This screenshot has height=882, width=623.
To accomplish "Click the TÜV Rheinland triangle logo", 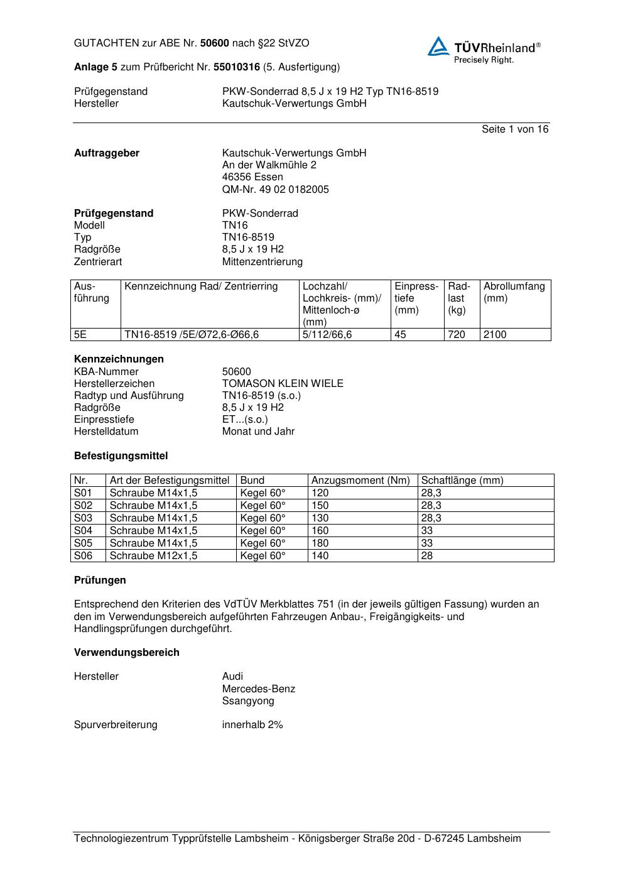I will [x=438, y=47].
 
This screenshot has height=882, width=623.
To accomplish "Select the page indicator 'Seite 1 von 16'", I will [x=514, y=129].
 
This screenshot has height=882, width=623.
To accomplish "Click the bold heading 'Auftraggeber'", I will [x=107, y=153].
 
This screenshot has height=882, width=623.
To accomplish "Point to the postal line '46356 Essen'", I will [x=252, y=177].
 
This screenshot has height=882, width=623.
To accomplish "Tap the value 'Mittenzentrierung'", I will [x=262, y=261].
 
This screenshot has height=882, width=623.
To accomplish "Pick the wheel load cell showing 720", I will [x=457, y=335].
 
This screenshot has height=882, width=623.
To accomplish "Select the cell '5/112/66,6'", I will [x=327, y=335].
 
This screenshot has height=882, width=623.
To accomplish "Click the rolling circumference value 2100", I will [x=495, y=335].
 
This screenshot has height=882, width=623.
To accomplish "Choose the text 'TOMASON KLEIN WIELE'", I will [x=283, y=384].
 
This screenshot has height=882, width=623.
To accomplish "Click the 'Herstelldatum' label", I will [x=106, y=432].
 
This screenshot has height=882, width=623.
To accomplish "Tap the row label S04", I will [x=83, y=531].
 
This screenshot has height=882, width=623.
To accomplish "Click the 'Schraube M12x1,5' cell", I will [x=153, y=556].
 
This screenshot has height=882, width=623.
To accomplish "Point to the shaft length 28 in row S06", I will [x=427, y=556].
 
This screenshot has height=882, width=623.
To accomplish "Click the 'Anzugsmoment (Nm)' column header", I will [x=360, y=481].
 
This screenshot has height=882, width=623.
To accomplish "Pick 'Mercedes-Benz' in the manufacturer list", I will [x=258, y=689].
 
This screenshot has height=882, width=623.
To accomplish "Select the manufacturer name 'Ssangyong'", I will [x=248, y=701].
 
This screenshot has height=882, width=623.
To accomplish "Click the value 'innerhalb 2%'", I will [x=252, y=725].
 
